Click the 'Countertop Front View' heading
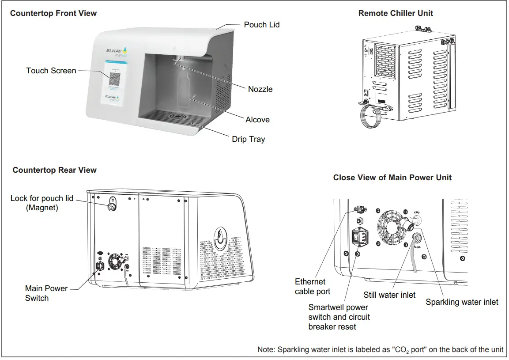53,13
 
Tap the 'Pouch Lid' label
261,25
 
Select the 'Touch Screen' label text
51,71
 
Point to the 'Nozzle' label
260,89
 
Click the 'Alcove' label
257,120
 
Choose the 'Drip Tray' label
248,139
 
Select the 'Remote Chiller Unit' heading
396,13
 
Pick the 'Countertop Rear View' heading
54,170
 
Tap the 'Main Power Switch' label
46,293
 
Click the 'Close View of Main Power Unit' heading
392,178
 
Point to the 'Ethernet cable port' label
312,287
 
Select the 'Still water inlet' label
389,295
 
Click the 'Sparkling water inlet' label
462,302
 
